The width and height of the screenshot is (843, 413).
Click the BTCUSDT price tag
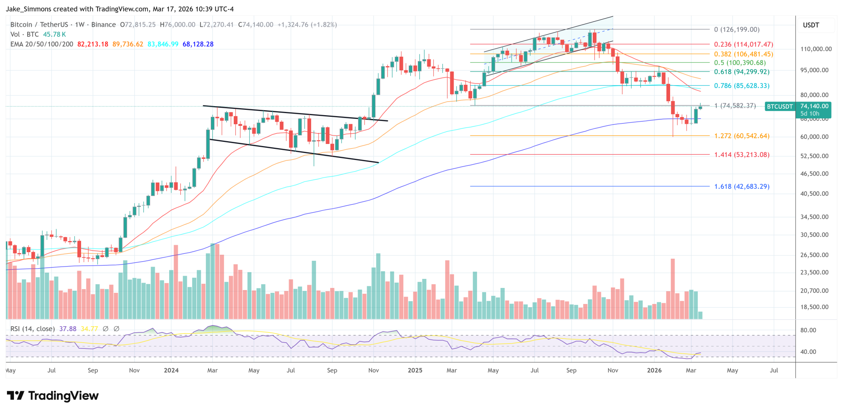click(x=779, y=107)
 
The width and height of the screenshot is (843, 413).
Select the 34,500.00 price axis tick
click(x=814, y=217)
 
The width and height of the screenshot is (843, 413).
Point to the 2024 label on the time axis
click(x=171, y=370)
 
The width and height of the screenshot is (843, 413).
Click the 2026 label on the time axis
click(x=654, y=370)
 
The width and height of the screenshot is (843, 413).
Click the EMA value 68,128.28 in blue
click(x=198, y=44)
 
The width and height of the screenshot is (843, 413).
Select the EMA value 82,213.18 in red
click(x=93, y=44)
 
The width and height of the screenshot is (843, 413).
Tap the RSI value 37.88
click(x=68, y=329)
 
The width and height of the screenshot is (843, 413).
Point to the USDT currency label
click(x=811, y=25)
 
